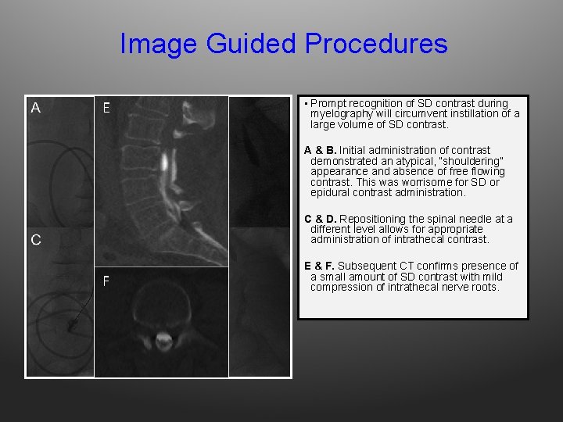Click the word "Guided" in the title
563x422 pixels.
click(x=252, y=44)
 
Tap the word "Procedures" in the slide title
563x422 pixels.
click(x=376, y=44)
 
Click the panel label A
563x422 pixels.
click(x=36, y=108)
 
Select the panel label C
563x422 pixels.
click(x=36, y=240)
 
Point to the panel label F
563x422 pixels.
click(x=106, y=282)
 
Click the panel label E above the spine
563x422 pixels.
click(x=106, y=108)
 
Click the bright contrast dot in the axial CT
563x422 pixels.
click(x=163, y=340)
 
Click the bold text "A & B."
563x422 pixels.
click(x=321, y=150)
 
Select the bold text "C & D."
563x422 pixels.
click(x=321, y=219)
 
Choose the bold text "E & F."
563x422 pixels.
click(x=321, y=266)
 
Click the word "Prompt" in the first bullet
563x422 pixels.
click(x=328, y=103)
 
